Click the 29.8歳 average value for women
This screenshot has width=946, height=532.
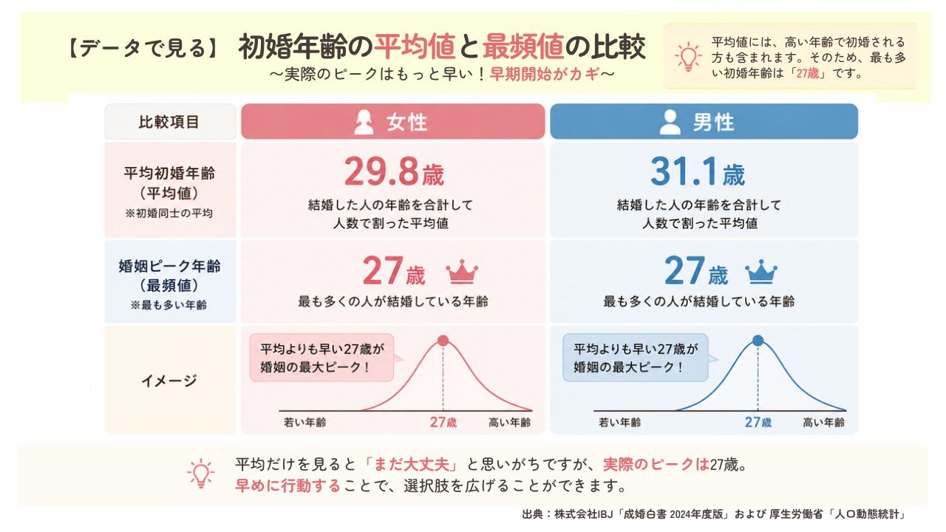(x=394, y=172)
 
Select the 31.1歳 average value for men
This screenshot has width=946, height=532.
(x=697, y=172)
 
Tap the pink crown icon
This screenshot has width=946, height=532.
(x=462, y=271)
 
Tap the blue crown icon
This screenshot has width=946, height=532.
(x=760, y=271)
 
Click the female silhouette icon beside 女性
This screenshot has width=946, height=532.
(x=364, y=122)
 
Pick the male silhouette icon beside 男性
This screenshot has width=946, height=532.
(x=670, y=122)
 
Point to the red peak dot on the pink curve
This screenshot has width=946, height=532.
(x=443, y=341)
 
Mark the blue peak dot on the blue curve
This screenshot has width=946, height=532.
(x=758, y=341)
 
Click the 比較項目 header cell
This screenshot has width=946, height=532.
(x=170, y=122)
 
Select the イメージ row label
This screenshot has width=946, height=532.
(x=169, y=381)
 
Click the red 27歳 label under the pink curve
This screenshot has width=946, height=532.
(x=443, y=422)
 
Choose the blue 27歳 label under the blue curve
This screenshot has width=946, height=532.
(x=758, y=422)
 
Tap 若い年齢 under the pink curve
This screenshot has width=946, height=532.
(x=305, y=422)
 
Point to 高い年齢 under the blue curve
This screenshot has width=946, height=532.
(x=823, y=422)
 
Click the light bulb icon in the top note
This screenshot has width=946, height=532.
(x=688, y=56)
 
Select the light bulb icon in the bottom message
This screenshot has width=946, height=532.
(x=201, y=474)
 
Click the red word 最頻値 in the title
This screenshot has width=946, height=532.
(x=523, y=47)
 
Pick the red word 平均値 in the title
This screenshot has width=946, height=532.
(x=415, y=47)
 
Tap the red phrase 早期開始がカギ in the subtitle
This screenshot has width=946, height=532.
(x=545, y=74)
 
